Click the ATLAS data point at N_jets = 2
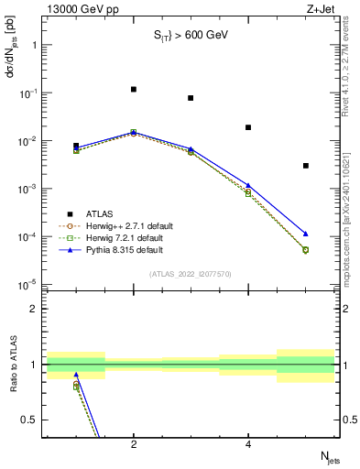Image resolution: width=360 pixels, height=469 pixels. (x=134, y=90)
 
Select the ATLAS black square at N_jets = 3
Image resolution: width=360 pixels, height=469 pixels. (x=191, y=98)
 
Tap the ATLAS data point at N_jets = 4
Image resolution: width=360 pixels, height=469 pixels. (x=248, y=127)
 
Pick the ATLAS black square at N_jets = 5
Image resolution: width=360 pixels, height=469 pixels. (x=305, y=166)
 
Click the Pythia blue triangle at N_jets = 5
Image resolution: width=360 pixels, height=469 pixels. (x=305, y=234)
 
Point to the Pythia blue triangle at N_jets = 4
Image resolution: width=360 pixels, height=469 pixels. (x=248, y=185)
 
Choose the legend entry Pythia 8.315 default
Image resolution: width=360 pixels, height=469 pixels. (x=121, y=249)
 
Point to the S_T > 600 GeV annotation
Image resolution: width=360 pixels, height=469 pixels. (x=190, y=36)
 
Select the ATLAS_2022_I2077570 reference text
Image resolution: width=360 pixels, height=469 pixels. (x=190, y=274)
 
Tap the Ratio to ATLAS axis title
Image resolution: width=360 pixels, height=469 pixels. (x=11, y=366)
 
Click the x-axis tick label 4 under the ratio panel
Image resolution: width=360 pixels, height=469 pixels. (x=248, y=444)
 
